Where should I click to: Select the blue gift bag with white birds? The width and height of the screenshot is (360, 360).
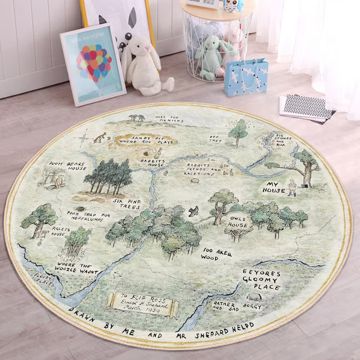coord(246,77)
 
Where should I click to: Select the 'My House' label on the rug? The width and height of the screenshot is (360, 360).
coord(274,187)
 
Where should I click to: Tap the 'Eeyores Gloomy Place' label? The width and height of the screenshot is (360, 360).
coord(261,280)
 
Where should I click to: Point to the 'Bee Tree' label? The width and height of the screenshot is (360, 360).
coord(216,139)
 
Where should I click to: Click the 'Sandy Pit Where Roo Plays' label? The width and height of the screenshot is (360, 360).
coord(140,139)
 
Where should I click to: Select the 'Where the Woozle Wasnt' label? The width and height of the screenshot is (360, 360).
coord(77,269)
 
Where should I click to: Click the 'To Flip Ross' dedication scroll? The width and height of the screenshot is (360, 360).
coord(143,303)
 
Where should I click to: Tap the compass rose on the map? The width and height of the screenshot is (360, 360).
coord(83,137)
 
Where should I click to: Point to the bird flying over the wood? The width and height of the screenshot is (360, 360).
coord(193,211)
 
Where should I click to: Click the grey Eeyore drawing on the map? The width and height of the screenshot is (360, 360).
coord(254,297)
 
